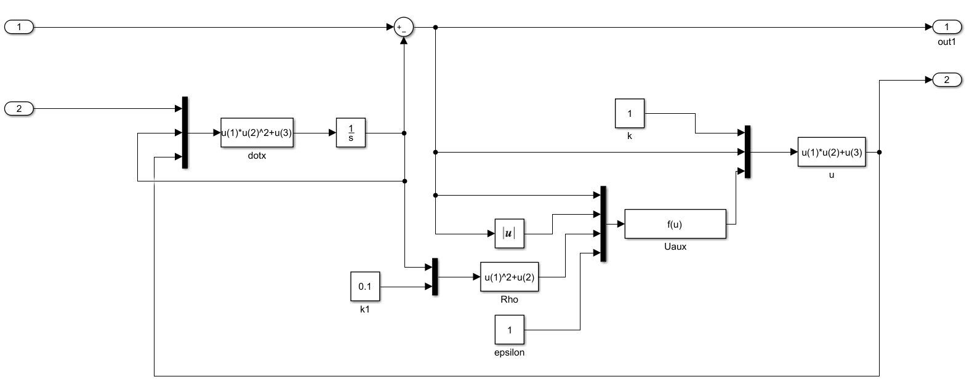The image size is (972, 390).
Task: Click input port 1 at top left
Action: click(x=19, y=27)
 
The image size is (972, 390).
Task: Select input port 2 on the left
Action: click(x=19, y=109)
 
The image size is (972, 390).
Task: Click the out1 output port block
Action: click(x=947, y=27)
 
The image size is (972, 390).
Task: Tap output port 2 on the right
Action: click(x=947, y=80)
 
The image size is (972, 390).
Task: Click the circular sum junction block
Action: click(x=404, y=27)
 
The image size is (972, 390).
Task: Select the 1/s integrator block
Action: click(x=351, y=133)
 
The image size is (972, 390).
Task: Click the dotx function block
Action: click(x=257, y=133)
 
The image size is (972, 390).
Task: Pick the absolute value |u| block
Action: click(x=509, y=234)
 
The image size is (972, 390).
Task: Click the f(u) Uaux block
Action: click(x=675, y=224)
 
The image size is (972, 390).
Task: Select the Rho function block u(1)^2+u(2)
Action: click(x=509, y=277)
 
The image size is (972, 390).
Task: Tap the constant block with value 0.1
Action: click(x=365, y=287)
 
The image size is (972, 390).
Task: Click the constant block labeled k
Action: click(x=629, y=114)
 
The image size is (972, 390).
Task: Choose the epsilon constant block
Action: click(x=509, y=330)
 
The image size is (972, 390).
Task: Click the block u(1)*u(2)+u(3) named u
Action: click(x=832, y=153)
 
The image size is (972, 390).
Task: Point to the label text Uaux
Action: click(x=675, y=247)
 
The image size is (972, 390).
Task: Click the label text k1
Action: click(x=365, y=309)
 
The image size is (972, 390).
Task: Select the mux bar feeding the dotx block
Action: click(x=185, y=132)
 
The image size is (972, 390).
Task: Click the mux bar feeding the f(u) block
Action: click(x=603, y=224)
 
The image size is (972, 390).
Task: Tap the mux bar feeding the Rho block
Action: click(x=435, y=277)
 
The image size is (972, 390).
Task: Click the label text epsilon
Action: click(x=509, y=353)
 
